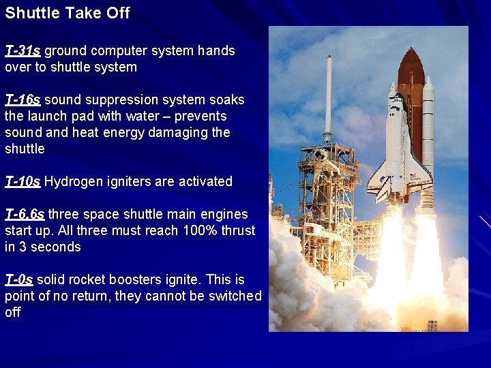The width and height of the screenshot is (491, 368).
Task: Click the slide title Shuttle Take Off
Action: (67, 13)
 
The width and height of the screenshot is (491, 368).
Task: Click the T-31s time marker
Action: (23, 50)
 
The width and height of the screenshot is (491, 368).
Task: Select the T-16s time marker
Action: (23, 99)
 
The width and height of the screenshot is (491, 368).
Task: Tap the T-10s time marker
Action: (23, 181)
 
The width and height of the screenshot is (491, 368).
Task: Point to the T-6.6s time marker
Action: (25, 214)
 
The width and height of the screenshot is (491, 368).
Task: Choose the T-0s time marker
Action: (19, 279)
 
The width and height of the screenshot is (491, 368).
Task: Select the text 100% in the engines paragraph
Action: (198, 230)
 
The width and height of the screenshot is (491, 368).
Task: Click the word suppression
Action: (113, 99)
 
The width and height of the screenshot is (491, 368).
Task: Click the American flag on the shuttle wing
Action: (413, 176)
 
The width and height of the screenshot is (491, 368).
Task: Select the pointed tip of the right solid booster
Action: (428, 78)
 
